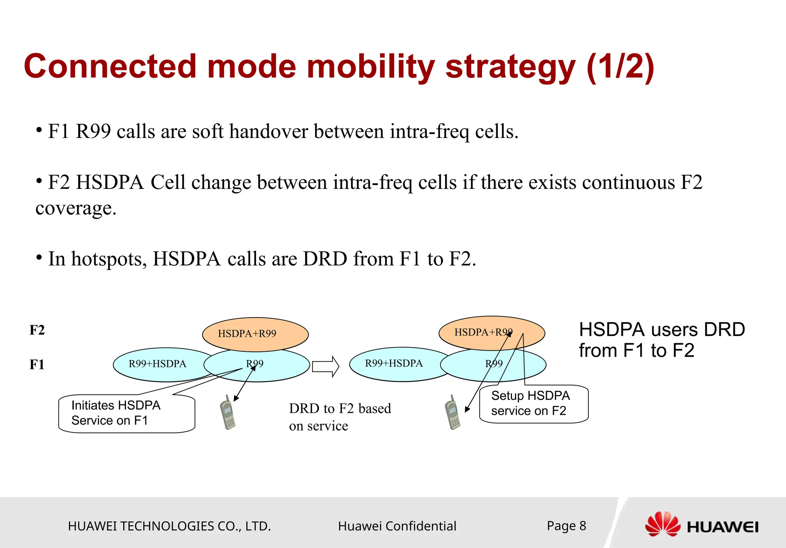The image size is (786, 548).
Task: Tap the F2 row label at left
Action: point(37,330)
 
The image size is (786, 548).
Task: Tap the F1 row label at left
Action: point(37,364)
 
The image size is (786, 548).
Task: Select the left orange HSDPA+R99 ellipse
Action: point(255,333)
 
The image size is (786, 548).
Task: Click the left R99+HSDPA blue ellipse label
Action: point(157,364)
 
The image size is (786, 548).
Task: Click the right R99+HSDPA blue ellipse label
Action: point(394,363)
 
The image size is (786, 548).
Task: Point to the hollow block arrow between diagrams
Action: point(325,366)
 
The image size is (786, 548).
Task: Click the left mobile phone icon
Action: point(228,413)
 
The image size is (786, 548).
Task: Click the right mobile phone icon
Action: point(453,413)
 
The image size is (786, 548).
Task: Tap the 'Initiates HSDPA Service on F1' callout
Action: point(127,413)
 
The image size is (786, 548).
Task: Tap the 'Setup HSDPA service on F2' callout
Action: point(533,404)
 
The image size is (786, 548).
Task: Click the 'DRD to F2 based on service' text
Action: point(339,417)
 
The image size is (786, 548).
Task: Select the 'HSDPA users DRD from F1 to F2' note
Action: point(662,340)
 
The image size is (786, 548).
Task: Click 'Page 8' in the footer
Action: point(566,526)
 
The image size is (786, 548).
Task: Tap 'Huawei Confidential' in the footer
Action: point(397,526)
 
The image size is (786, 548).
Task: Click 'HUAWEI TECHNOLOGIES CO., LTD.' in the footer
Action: point(169,526)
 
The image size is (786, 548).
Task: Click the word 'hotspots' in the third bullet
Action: point(109,259)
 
